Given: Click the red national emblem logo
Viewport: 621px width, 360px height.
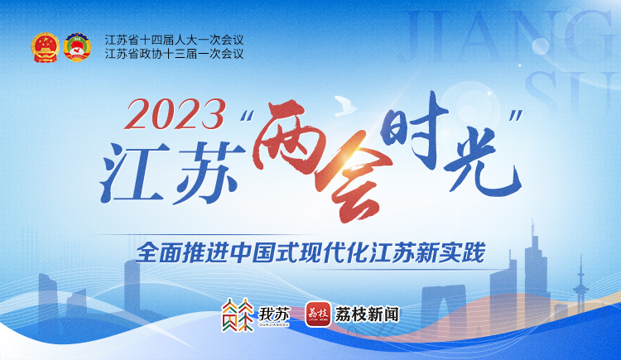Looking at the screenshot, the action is point(46,47).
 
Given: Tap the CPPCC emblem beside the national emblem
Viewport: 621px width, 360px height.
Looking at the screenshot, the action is point(77,47).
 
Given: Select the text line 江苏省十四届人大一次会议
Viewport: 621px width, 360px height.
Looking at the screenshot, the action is point(174,40).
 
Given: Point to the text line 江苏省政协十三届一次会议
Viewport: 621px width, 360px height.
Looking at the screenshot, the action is point(174,54).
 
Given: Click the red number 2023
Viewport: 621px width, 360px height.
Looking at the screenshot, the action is point(176,115).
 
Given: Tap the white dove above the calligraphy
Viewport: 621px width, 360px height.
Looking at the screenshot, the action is point(345,106).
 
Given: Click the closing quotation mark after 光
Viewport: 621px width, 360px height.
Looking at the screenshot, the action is point(516,116).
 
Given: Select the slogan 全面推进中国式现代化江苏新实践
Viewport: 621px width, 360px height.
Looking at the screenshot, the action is point(310,252).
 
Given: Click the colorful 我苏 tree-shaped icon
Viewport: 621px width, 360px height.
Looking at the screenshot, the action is point(238,314).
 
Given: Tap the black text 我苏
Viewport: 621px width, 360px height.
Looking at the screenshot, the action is point(274,314).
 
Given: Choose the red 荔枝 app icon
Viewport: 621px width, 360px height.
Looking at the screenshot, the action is point(318,314).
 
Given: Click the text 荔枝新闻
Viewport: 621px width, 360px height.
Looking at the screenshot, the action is point(367,314).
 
